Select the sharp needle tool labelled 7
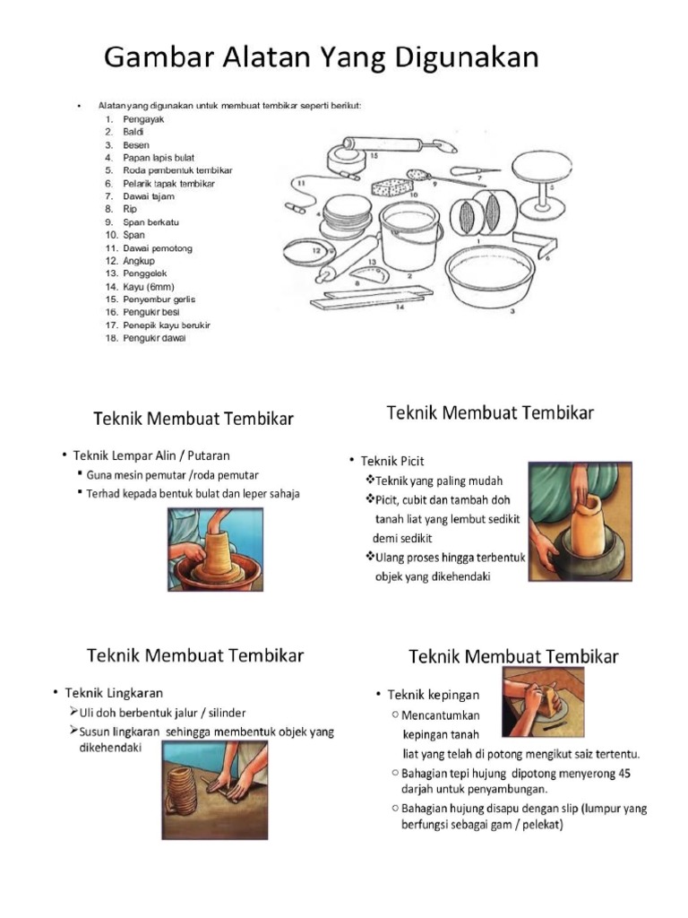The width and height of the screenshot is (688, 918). [x=474, y=170]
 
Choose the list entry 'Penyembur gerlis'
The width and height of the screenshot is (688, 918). [x=159, y=299]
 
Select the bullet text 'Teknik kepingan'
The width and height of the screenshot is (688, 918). [x=434, y=695]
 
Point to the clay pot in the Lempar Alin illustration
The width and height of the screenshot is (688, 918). [x=214, y=552]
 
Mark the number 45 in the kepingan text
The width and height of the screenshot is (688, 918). [x=606, y=772]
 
